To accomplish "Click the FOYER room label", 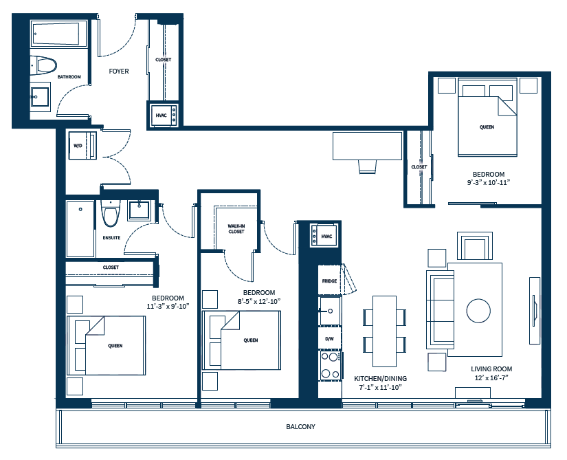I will [119, 71].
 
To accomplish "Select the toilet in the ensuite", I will [110, 215].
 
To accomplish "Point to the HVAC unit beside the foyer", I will [165, 114].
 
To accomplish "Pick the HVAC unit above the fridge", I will [325, 237].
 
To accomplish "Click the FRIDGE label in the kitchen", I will [329, 281].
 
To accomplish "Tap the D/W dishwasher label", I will [329, 338].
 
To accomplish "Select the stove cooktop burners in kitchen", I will [330, 366].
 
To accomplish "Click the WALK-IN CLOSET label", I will [236, 228].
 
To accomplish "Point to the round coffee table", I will [478, 311].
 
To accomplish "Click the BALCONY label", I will [300, 427].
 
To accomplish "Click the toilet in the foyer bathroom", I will [44, 65].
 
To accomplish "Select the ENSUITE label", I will [111, 238].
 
